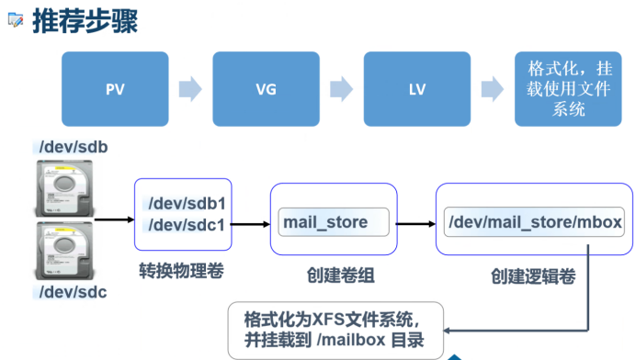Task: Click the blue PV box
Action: (x=115, y=89)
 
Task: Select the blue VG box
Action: (x=267, y=89)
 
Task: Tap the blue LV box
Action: (x=417, y=89)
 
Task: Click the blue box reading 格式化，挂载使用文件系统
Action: (x=568, y=89)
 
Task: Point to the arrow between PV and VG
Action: (x=190, y=89)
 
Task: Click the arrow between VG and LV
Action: (x=342, y=89)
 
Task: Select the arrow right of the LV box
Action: (x=493, y=89)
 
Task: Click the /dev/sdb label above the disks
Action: (x=74, y=147)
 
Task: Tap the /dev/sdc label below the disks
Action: (x=73, y=292)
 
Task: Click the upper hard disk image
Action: (x=64, y=188)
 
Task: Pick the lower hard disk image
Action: (x=64, y=251)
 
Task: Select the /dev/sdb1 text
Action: (x=187, y=204)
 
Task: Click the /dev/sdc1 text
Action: (x=187, y=225)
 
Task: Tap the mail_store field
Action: (x=334, y=222)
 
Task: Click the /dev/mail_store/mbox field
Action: (x=534, y=221)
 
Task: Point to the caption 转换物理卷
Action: (x=181, y=270)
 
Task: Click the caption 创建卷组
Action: (x=341, y=276)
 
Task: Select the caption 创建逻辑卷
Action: (x=533, y=276)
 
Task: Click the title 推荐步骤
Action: (x=85, y=21)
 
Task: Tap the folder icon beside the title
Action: (x=16, y=19)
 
